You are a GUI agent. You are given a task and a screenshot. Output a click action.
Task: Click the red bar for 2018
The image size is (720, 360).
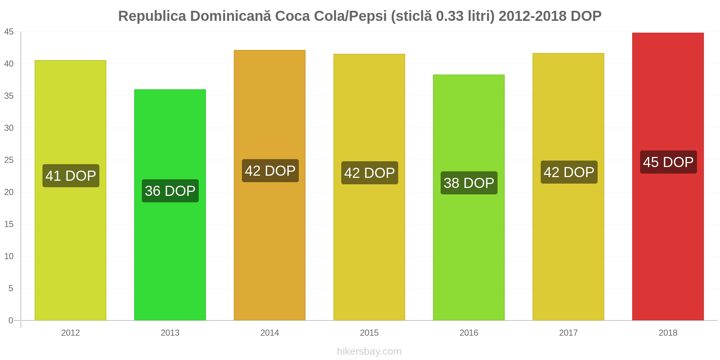coord(668,176)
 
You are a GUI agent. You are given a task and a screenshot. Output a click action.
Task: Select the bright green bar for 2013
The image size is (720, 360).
coord(170,205)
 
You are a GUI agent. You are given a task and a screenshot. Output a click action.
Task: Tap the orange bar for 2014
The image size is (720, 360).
coord(270,185)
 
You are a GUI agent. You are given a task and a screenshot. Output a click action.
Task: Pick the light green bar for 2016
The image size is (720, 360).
coord(469,198)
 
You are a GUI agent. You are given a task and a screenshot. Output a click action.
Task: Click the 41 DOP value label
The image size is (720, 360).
coord(71,176)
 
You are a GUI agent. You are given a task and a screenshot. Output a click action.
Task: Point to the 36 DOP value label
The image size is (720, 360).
coord(170,191)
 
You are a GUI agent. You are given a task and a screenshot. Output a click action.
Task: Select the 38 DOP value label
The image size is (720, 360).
coord(469,183)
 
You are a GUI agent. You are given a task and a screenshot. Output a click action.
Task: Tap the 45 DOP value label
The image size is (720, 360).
coord(669,162)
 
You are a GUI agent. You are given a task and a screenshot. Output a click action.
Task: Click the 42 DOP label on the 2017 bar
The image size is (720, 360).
coord(569,172)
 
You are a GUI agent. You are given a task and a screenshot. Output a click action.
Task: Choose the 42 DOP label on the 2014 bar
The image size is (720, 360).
coord(270,171)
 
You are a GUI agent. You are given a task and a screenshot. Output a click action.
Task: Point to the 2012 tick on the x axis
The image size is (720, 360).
coord(71,333)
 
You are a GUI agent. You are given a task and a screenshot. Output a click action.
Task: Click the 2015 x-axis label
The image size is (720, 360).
coord(369,333)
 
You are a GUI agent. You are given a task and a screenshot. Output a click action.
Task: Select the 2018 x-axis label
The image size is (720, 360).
coord(668,333)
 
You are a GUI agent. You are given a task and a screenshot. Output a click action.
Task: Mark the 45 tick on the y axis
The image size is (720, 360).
coord(9,32)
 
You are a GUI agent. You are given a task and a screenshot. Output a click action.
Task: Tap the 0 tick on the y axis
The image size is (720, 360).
coord(11,320)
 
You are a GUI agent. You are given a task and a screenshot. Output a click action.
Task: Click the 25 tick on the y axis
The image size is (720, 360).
coord(9,160)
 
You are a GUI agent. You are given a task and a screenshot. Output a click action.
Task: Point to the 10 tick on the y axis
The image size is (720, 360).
coord(9,256)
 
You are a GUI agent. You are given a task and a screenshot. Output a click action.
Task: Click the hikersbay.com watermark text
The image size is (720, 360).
coord(369,351)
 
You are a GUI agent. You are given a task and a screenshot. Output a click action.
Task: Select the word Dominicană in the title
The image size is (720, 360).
coord(230,16)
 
